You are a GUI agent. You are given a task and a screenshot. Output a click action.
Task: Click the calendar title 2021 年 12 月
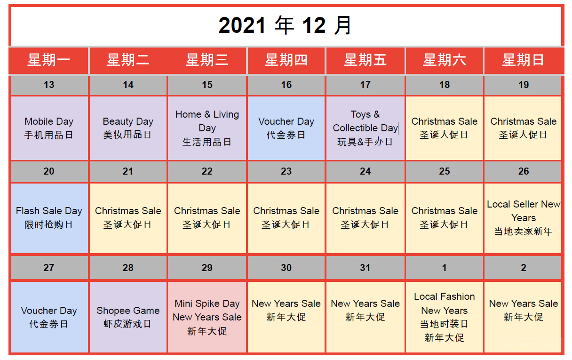(286, 26)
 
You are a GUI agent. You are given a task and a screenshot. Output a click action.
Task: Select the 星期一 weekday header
(49, 60)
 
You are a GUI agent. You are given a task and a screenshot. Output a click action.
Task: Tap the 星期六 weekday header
(445, 60)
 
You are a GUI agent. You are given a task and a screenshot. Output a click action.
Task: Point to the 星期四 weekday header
(286, 60)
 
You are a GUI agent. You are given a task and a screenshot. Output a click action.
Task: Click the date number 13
(49, 85)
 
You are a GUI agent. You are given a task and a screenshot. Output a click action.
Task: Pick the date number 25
(445, 172)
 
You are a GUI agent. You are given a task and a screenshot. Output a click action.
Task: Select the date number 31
(365, 268)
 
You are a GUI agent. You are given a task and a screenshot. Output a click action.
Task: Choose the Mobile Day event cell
(49, 128)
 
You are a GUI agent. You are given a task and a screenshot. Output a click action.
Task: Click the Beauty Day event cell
(128, 128)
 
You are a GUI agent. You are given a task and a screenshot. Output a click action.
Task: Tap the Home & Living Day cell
(207, 128)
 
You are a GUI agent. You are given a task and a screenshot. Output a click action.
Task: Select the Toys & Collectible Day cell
(365, 128)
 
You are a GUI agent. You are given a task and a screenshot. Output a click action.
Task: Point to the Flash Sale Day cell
(49, 217)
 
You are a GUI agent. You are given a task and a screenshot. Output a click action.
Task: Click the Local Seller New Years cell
(523, 218)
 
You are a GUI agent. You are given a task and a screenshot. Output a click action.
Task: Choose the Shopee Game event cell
(128, 317)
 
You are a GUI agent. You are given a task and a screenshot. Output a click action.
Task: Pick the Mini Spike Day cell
(207, 317)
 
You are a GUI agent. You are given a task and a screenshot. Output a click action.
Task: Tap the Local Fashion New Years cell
(445, 317)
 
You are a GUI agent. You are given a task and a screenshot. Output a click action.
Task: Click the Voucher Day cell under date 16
(286, 128)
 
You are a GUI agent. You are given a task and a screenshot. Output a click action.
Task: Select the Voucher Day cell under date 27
(49, 317)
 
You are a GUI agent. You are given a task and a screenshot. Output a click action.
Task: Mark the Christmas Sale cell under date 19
(523, 128)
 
